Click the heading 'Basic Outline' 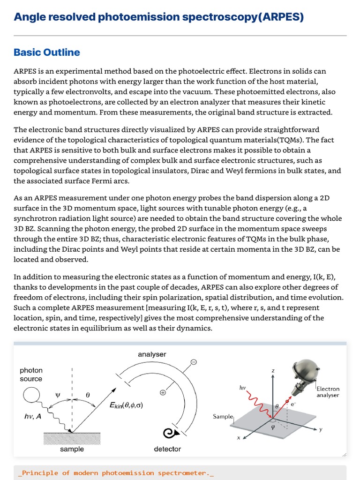pos(47,52)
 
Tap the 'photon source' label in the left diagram pos(31,375)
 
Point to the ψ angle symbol pos(58,395)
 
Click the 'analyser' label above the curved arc pos(152,354)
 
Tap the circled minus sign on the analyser pos(194,362)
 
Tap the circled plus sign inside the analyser pos(163,392)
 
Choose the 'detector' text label pos(167,449)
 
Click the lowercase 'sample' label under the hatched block pos(72,449)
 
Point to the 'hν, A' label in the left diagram pos(32,415)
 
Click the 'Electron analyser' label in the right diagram pos(328,392)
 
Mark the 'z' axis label pos(273,371)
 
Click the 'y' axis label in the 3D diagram pos(321,429)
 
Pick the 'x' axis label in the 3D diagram pos(238,438)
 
